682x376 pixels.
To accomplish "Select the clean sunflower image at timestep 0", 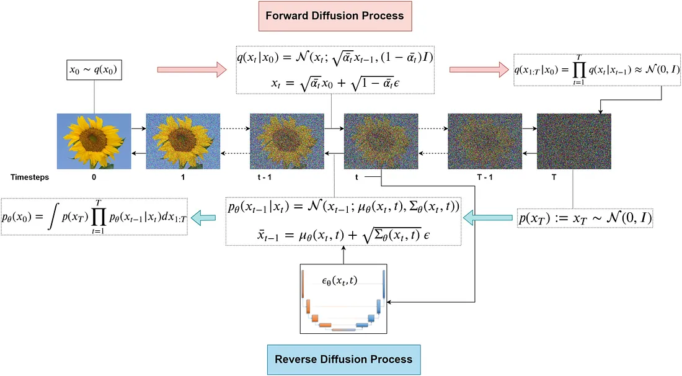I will pos(94,141).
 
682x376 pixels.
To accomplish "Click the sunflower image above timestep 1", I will pos(183,141).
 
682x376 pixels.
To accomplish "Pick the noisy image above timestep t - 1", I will pos(286,141).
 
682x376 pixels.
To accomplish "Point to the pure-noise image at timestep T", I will pos(574,141).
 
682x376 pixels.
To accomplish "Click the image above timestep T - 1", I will pos(484,141).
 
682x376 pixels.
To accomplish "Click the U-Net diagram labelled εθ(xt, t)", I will pos(343,299).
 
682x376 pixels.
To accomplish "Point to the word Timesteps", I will pos(29,177).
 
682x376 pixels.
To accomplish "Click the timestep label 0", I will pos(93,177).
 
